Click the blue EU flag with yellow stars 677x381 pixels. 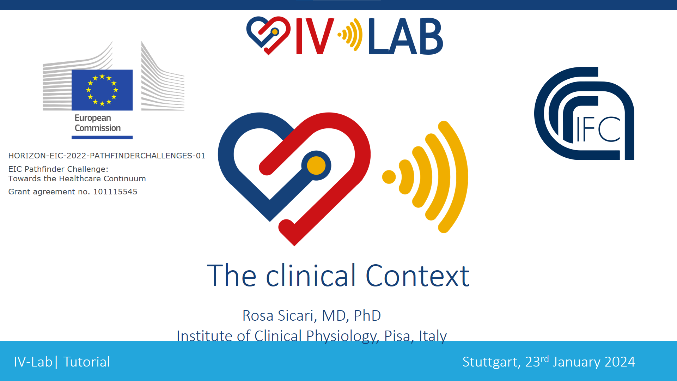102,90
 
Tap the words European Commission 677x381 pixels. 98,123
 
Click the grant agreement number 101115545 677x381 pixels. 115,192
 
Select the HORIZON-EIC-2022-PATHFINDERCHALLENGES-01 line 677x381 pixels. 107,156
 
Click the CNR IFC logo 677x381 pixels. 584,114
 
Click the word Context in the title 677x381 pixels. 417,276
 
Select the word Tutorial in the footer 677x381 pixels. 87,362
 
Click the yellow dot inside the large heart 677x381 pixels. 316,165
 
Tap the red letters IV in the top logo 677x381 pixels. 315,36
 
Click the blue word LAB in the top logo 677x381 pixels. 405,36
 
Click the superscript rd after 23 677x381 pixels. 545,359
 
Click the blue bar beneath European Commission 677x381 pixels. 102,138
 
